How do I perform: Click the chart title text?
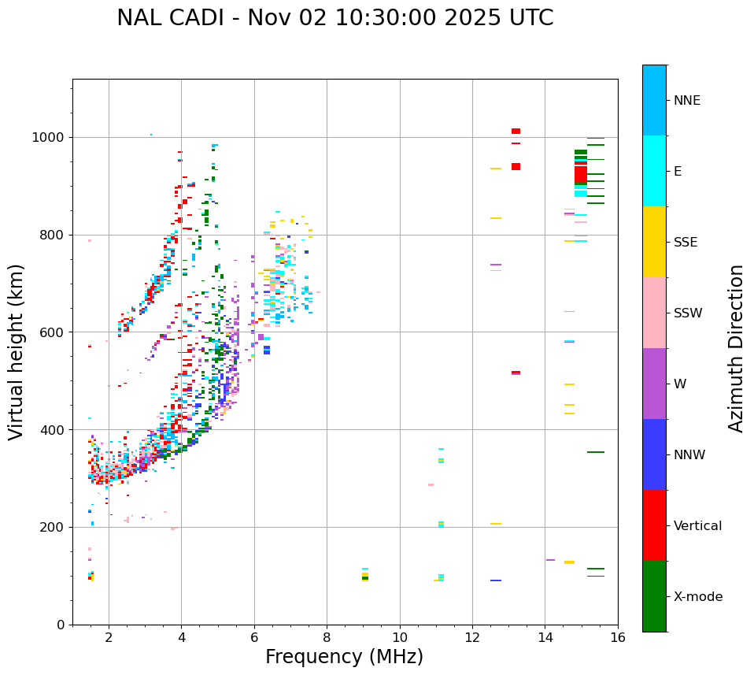[334, 18]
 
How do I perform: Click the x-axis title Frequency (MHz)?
[344, 657]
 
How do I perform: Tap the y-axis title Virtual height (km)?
[17, 351]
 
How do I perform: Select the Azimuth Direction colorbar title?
[736, 348]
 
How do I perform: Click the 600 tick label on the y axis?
[51, 332]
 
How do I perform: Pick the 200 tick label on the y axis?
[51, 527]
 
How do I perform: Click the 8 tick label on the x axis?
[327, 636]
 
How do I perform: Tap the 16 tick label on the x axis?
[618, 636]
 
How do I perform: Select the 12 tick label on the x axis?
[472, 636]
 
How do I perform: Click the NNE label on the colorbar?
[686, 101]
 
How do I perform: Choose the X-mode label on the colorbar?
[697, 597]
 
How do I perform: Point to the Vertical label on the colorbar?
[697, 526]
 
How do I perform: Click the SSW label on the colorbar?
[688, 313]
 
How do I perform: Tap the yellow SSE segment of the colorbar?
[654, 242]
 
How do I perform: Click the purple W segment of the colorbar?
[654, 384]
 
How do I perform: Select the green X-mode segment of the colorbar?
[654, 596]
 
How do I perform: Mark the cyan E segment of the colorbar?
[654, 171]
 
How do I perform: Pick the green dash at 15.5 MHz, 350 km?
[595, 452]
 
